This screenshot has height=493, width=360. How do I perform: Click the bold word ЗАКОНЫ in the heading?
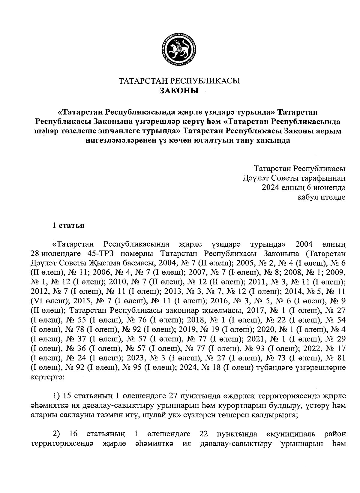click(x=180, y=90)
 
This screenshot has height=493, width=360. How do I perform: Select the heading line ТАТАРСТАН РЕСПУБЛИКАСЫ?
click(x=180, y=81)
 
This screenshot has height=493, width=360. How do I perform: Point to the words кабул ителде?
click(x=321, y=197)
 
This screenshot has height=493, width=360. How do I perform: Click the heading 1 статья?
click(x=68, y=226)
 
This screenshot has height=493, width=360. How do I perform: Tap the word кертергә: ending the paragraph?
click(x=46, y=377)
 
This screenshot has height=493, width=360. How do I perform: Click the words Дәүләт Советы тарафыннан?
click(x=294, y=178)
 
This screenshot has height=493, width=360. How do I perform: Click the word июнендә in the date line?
click(x=330, y=188)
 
